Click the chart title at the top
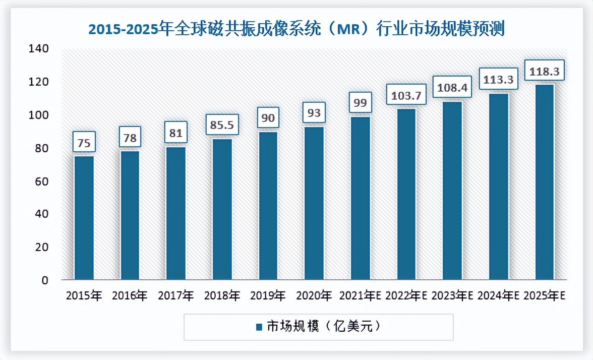[296, 29]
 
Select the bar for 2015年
[84, 217]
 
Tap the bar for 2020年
[314, 203]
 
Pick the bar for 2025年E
[545, 182]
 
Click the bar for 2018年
[222, 209]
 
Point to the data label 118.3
[545, 72]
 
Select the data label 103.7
[406, 95]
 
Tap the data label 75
[84, 143]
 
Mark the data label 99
[360, 103]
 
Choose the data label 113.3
[499, 80]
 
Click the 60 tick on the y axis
[41, 181]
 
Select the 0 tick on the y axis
[44, 280]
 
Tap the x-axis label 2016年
[130, 295]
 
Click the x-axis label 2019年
[268, 295]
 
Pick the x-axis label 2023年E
[452, 295]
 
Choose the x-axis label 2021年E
[360, 295]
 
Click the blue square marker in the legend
[259, 327]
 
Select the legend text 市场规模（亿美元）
[323, 327]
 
